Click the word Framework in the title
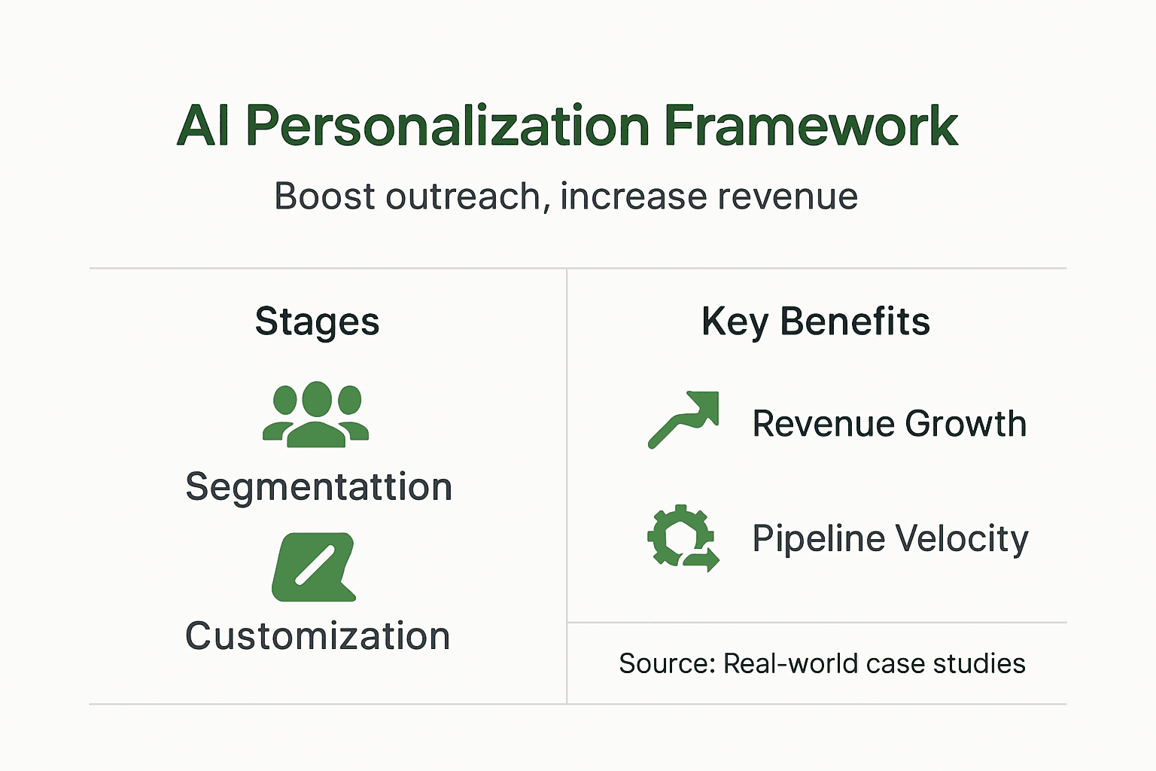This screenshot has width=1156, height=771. tap(811, 126)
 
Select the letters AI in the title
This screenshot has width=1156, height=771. tap(203, 126)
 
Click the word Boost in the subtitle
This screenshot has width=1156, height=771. tap(324, 197)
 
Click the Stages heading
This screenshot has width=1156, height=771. tap(317, 322)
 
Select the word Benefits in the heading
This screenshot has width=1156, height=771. tap(855, 322)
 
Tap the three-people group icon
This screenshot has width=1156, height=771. tap(316, 415)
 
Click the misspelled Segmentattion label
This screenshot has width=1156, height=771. tap(318, 487)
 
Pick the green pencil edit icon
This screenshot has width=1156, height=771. tap(313, 567)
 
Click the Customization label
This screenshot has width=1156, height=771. tap(318, 636)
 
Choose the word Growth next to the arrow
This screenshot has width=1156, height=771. tap(966, 424)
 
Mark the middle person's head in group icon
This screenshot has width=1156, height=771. tap(316, 399)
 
